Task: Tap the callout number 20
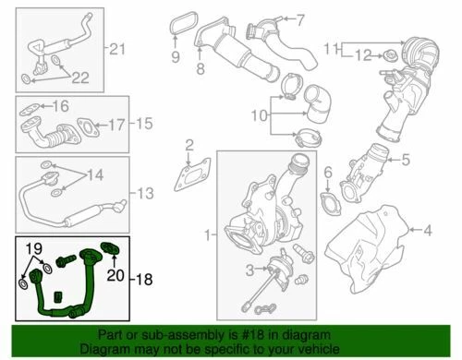(116, 274)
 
